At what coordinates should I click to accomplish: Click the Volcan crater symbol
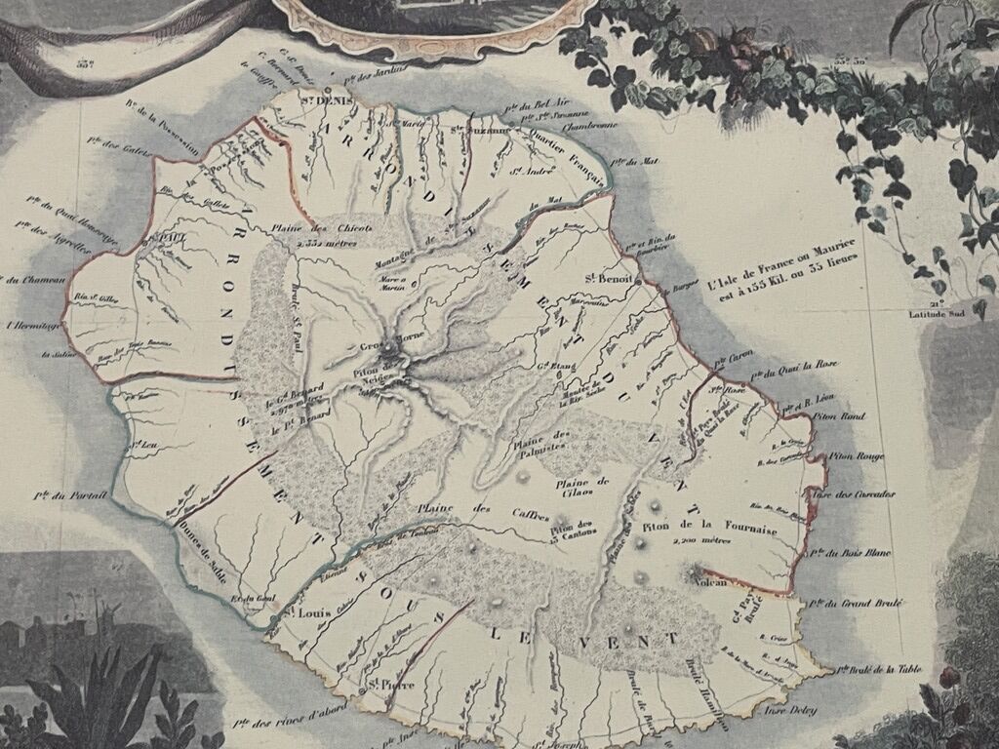point(697,569)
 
